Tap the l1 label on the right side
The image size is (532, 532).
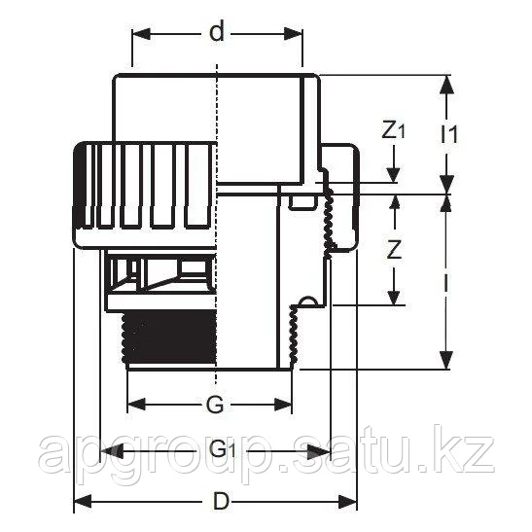pyautogui.click(x=448, y=134)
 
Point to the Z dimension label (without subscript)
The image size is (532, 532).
pyautogui.click(x=394, y=249)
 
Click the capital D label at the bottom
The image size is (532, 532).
pyautogui.click(x=222, y=502)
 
